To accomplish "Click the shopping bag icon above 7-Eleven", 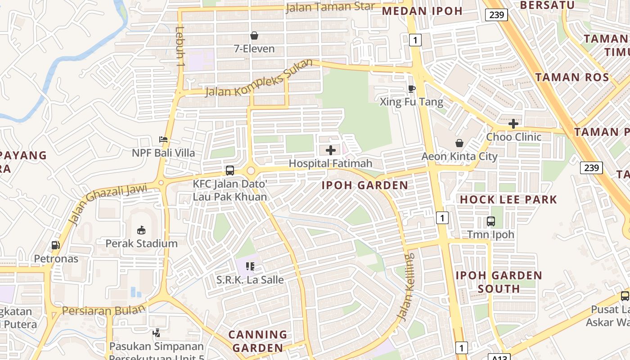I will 254,36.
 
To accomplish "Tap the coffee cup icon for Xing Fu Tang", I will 411,89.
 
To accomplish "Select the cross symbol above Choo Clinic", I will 513,124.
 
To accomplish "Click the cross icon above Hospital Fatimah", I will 331,150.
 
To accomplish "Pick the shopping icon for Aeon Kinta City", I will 459,143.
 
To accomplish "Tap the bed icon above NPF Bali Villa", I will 163,140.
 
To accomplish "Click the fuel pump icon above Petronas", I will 56,245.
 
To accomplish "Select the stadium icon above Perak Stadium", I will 141,230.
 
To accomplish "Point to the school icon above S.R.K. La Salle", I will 250,266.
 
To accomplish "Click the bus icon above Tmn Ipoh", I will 490,221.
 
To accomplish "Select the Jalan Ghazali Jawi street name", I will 108,203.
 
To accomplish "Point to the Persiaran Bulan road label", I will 104,310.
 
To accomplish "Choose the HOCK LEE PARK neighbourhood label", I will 508,199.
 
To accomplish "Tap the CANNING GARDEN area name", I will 257,341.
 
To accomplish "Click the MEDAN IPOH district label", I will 422,11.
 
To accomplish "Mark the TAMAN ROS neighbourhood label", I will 572,77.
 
